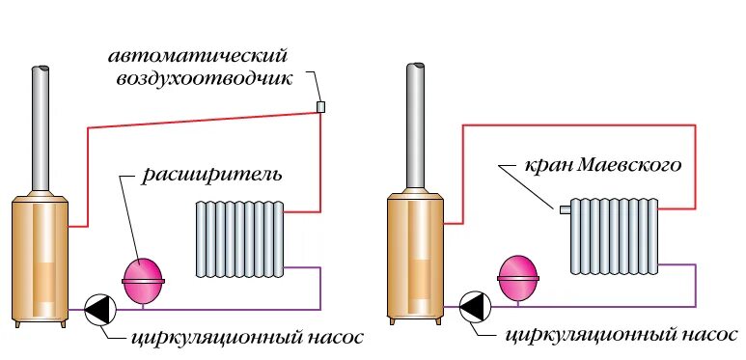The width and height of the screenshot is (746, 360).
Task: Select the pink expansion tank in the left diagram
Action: point(144,276)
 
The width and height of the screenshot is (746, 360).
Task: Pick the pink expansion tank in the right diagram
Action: point(518,275)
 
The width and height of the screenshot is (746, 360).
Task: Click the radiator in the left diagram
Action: point(239,238)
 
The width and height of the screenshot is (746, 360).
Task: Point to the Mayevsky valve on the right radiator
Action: point(565,208)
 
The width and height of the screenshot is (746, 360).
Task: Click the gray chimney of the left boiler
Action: point(41,130)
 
